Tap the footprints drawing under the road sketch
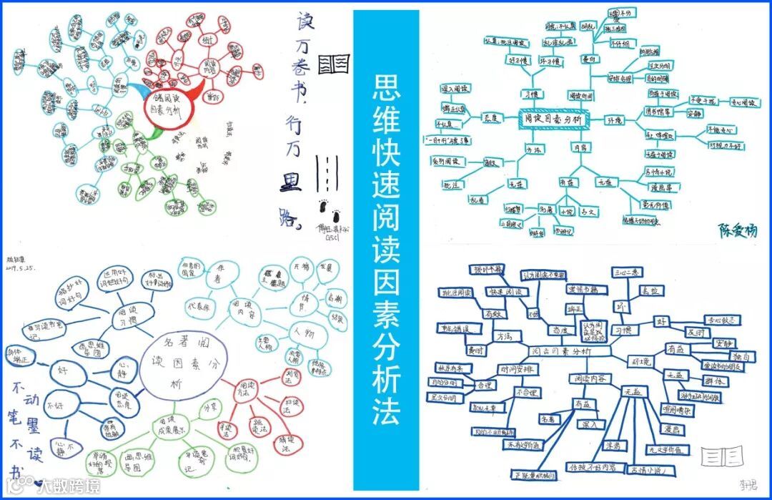[x=330, y=212]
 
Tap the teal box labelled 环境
[x=614, y=119]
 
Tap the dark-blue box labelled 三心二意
[x=628, y=273]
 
